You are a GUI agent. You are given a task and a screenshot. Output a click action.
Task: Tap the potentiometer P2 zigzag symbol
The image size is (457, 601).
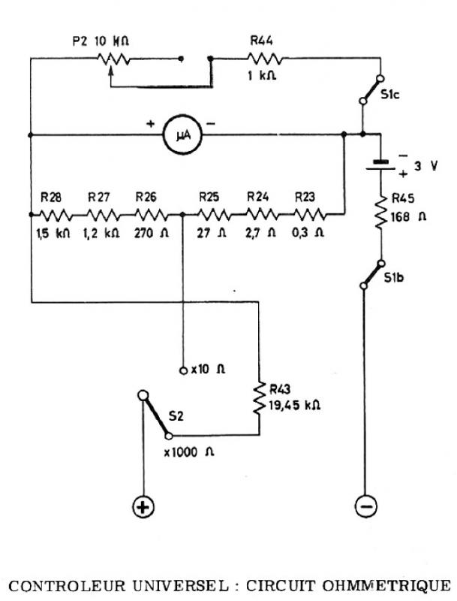click(x=113, y=59)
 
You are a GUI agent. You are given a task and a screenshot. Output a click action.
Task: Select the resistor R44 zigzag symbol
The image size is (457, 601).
click(x=265, y=59)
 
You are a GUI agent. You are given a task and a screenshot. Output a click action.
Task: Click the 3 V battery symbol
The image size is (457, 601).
click(x=380, y=165)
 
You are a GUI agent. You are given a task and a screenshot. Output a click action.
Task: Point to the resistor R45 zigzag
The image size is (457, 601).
click(x=381, y=213)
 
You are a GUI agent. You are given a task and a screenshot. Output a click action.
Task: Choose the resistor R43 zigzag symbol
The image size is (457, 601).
click(x=259, y=397)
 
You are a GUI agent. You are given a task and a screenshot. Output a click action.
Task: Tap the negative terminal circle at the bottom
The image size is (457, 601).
click(x=366, y=506)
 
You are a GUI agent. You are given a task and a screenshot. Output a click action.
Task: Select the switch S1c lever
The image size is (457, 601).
click(x=371, y=89)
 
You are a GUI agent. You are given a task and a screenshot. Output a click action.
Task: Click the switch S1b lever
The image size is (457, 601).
click(x=372, y=274)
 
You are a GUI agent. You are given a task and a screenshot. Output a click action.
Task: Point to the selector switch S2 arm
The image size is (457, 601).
click(x=155, y=415)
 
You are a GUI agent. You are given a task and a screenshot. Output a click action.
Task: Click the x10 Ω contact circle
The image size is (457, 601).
click(x=183, y=370)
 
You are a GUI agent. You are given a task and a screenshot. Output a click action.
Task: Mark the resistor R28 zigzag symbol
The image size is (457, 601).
click(x=55, y=215)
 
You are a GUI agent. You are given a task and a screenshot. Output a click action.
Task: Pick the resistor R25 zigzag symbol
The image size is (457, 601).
click(x=214, y=215)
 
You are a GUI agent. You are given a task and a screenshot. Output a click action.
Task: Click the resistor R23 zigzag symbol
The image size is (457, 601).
click(x=309, y=215)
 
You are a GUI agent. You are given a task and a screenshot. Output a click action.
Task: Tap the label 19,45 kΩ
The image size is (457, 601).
click(x=294, y=406)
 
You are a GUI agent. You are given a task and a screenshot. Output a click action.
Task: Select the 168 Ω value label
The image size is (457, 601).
click(x=408, y=217)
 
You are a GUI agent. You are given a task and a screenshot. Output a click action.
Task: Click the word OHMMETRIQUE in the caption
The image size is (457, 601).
click(x=386, y=586)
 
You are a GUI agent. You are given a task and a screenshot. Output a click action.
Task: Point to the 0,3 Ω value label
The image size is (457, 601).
click(x=308, y=233)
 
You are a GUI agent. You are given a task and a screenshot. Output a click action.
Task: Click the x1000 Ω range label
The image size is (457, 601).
click(x=189, y=452)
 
